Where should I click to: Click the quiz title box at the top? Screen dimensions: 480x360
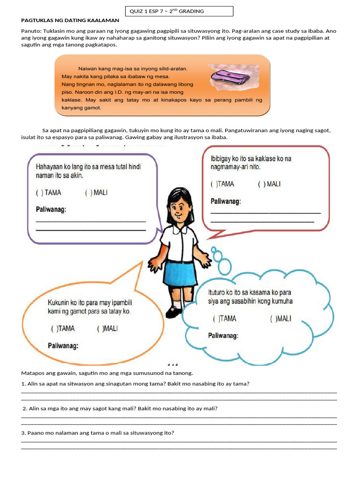pos(179,11)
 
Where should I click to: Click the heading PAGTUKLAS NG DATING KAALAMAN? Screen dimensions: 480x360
pos(70,21)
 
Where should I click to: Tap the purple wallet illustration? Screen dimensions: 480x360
pos(228,76)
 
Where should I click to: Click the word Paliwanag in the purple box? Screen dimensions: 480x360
pos(51,210)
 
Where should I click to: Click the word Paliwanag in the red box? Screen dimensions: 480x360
pos(225,202)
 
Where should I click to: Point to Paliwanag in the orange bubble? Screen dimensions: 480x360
pos(63,346)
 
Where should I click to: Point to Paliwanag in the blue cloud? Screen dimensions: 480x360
pos(223,336)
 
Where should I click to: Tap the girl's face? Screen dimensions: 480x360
pos(178,207)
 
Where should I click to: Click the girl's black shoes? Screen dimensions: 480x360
pos(175,311)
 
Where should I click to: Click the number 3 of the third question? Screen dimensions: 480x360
pos(23,433)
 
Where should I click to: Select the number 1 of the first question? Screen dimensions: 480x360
pos(23,384)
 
